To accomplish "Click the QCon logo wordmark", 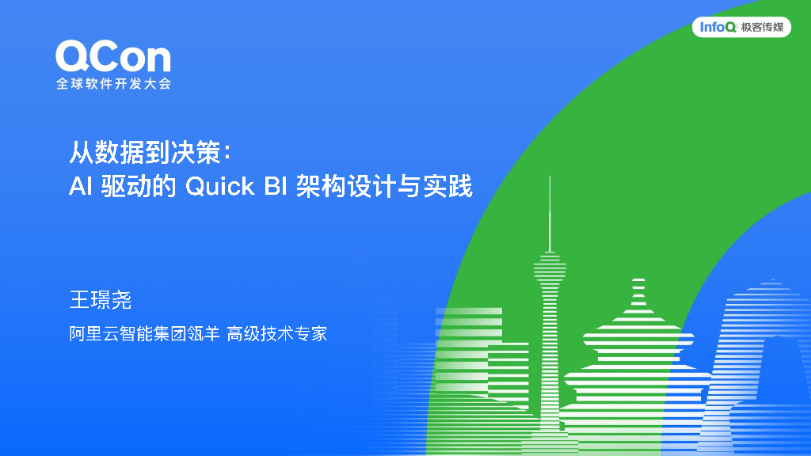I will [x=113, y=57].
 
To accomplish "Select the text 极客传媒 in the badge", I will [x=762, y=28].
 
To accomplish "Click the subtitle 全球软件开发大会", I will [x=113, y=83].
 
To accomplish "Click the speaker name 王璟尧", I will [x=101, y=301].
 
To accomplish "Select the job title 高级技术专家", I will [x=276, y=333].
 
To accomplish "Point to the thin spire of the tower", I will [x=550, y=210].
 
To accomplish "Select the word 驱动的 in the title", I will [x=137, y=187].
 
